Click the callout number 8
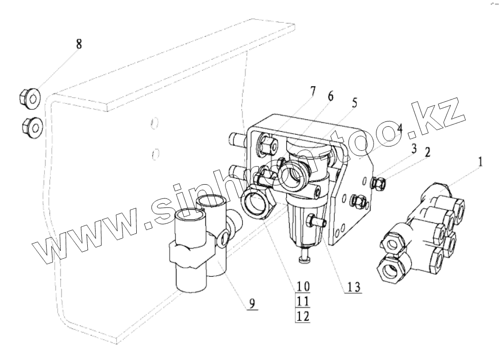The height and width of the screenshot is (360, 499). (x=78, y=44)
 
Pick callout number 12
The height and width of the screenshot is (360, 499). (x=303, y=317)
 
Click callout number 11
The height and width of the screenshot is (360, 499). (x=303, y=301)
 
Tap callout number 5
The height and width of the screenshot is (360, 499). (x=354, y=103)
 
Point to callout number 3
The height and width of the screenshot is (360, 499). (x=414, y=147)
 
